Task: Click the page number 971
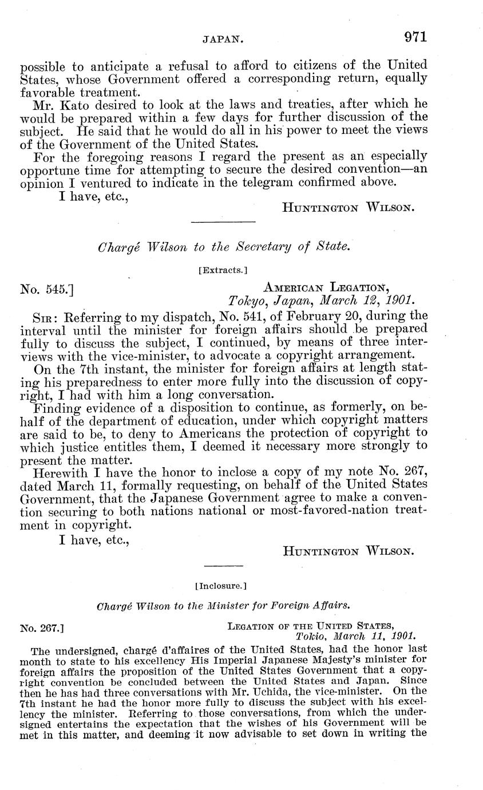(x=415, y=38)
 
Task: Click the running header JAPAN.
(x=224, y=40)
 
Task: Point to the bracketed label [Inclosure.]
(x=221, y=586)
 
